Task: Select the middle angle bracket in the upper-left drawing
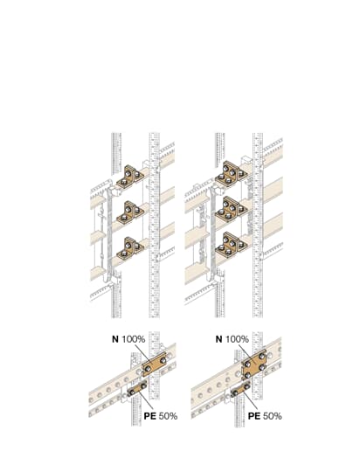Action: (130, 213)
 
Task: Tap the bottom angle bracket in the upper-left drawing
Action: (130, 249)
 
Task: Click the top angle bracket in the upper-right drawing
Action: (232, 174)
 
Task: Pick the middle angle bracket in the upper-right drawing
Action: (232, 210)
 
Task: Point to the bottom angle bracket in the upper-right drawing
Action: (232, 246)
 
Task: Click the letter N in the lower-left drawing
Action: (115, 339)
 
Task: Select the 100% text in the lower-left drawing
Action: (134, 339)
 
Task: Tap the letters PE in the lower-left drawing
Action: (150, 416)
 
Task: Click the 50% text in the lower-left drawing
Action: (168, 416)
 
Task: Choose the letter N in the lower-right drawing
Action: (218, 339)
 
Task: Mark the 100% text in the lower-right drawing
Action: (237, 339)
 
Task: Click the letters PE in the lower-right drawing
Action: (254, 416)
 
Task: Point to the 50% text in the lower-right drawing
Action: (273, 416)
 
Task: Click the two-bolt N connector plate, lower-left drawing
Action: (154, 364)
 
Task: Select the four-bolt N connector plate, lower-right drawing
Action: (254, 364)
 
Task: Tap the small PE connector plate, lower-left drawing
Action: (137, 389)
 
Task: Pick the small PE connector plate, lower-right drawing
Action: (241, 389)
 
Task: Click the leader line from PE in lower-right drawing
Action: (250, 402)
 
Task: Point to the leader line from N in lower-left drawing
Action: (142, 353)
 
